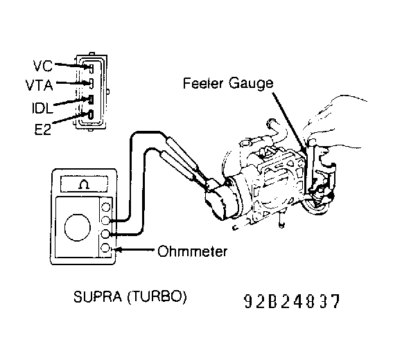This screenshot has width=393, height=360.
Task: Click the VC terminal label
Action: (x=42, y=66)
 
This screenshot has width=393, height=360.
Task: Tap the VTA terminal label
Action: (x=40, y=85)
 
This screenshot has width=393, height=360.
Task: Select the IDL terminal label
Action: (x=42, y=108)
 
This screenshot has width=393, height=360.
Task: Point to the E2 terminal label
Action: (x=42, y=129)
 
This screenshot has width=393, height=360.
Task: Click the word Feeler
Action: (x=203, y=83)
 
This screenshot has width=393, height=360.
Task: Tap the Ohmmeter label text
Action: (x=193, y=251)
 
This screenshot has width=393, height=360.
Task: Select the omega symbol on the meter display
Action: (x=84, y=185)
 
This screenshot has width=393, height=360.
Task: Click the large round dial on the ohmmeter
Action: (x=77, y=228)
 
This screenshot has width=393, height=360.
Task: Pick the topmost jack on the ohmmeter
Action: (x=105, y=207)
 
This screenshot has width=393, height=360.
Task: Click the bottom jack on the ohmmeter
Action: (x=105, y=248)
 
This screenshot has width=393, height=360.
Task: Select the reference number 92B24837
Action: (x=292, y=301)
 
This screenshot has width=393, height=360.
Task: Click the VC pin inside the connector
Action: (x=91, y=68)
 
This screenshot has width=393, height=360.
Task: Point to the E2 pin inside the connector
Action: (x=91, y=115)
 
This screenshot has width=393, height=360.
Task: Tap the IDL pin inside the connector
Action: (x=91, y=100)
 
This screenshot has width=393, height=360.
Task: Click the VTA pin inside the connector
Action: (x=91, y=83)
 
